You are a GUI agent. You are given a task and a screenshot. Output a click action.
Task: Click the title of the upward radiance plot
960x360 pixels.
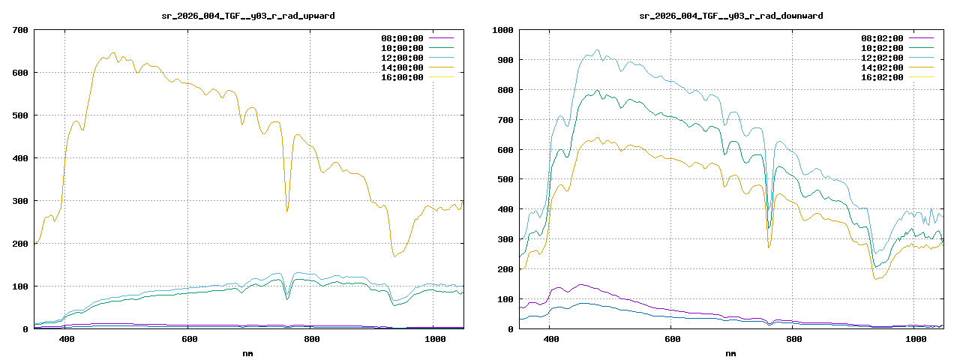tap(248, 15)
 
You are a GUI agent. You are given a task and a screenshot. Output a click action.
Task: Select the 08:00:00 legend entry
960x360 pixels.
tap(402, 37)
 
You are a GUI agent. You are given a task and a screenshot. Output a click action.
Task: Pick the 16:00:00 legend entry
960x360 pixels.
tap(402, 76)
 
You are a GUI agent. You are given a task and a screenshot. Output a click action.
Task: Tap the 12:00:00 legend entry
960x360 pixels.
tap(402, 57)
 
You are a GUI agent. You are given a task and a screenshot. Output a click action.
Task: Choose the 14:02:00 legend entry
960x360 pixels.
tap(882, 67)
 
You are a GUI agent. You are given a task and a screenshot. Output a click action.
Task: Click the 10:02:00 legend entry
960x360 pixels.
tap(882, 47)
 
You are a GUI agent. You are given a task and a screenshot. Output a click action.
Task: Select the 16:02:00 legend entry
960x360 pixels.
tap(882, 76)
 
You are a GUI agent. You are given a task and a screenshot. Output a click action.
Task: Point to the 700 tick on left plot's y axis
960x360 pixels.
tap(20, 30)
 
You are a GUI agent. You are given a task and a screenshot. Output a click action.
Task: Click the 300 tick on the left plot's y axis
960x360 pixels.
tap(20, 201)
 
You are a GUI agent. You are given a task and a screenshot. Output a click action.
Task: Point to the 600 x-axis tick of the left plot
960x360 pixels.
tap(190, 340)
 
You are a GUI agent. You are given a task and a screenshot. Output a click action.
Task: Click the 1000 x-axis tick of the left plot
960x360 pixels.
tap(436, 340)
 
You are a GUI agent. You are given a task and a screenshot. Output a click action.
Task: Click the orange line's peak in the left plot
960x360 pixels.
tap(112, 53)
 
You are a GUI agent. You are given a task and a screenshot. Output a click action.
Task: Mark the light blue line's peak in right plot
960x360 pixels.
tap(598, 50)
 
